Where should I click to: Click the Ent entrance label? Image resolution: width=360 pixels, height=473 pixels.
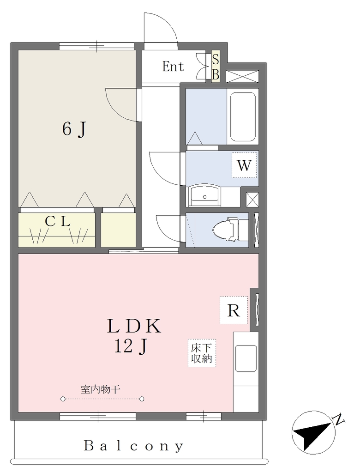click(x=173, y=67)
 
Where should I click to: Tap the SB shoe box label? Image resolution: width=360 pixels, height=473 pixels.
click(x=215, y=67)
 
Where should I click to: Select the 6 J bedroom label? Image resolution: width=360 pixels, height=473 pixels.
click(x=74, y=129)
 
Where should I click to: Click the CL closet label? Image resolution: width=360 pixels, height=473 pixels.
click(x=58, y=222)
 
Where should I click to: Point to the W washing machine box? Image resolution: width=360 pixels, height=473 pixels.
click(x=244, y=165)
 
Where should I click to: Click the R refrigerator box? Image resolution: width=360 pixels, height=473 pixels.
click(x=234, y=310)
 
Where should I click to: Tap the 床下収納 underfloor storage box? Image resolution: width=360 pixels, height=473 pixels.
click(x=202, y=353)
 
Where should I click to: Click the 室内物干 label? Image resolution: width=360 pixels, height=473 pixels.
click(x=101, y=389)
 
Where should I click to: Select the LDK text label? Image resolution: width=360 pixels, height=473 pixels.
click(x=134, y=326)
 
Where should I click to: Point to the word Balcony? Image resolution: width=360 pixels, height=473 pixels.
click(x=133, y=446)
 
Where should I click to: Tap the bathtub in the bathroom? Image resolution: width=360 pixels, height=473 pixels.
click(x=243, y=116)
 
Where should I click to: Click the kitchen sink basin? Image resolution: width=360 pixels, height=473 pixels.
click(x=246, y=358)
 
